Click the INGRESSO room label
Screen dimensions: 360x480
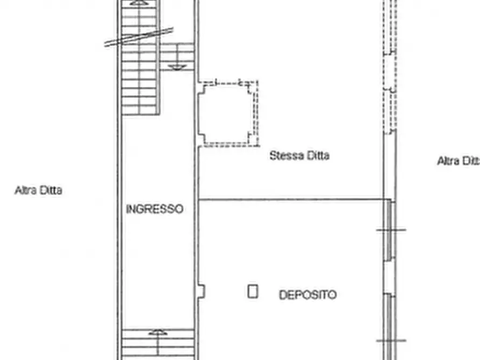(x=154, y=209)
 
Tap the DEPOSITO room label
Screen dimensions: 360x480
(x=307, y=295)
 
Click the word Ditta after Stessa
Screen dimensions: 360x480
(x=318, y=156)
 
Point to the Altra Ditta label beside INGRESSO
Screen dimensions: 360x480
(x=38, y=190)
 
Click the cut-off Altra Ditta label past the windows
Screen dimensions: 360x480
(x=457, y=161)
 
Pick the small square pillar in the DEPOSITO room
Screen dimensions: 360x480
(x=253, y=292)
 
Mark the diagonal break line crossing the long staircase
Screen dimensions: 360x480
(x=139, y=37)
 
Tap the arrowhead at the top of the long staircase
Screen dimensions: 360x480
(x=138, y=3)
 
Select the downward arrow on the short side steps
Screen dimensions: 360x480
(x=178, y=67)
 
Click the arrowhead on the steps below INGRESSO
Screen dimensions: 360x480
(x=157, y=333)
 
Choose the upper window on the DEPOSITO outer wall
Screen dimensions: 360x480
(x=389, y=231)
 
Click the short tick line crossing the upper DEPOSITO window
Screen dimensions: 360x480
(x=391, y=230)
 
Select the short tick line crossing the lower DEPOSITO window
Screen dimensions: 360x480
(x=391, y=341)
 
